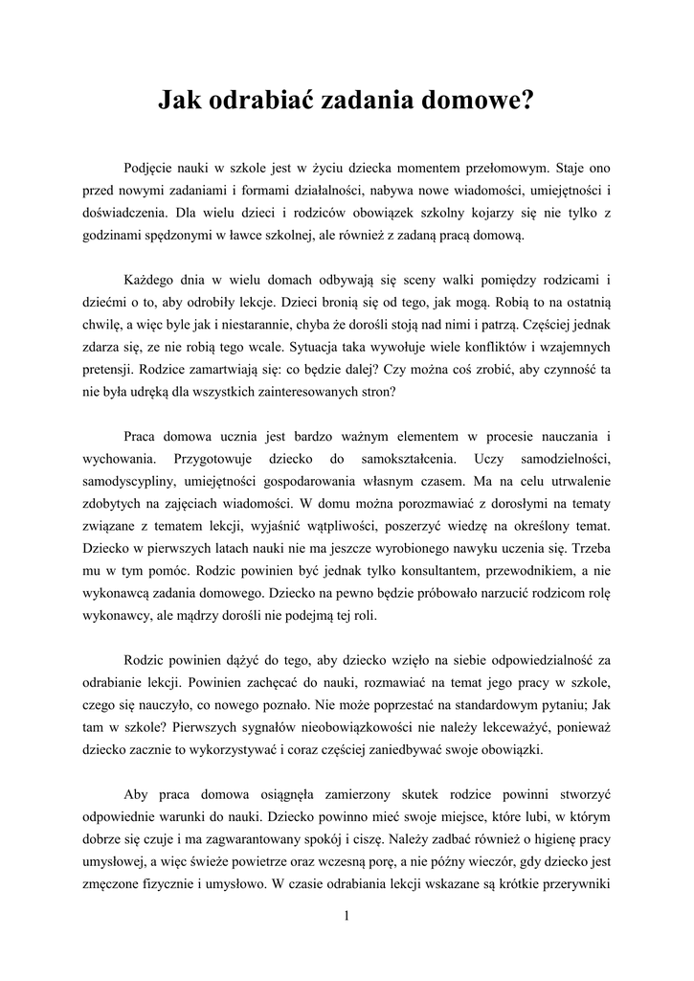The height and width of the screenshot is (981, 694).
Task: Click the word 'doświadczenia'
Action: coord(125,213)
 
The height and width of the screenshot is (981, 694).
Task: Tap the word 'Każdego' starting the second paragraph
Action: coord(150,280)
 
